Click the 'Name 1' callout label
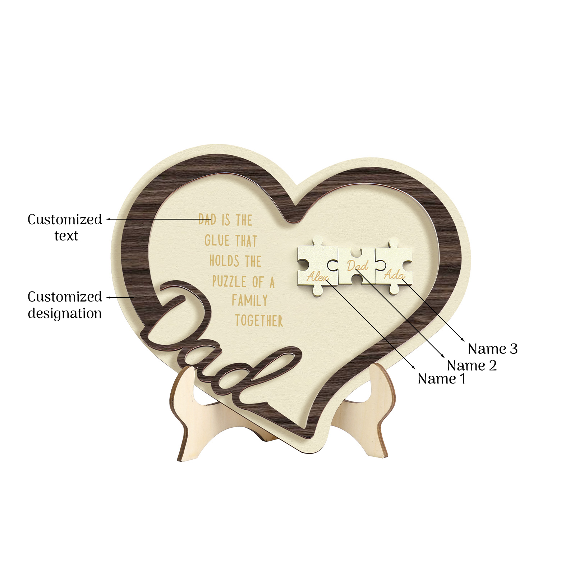(442, 379)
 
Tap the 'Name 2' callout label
(471, 365)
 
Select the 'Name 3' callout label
(493, 349)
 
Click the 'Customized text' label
(65, 227)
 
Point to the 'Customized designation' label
(65, 305)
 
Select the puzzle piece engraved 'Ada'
(394, 268)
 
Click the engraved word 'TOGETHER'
(259, 321)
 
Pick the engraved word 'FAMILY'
(250, 300)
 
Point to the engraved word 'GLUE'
(217, 240)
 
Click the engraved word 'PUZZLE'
(229, 281)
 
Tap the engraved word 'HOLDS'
(224, 261)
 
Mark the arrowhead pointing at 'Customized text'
(108, 219)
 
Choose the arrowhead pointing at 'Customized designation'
(108, 298)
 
